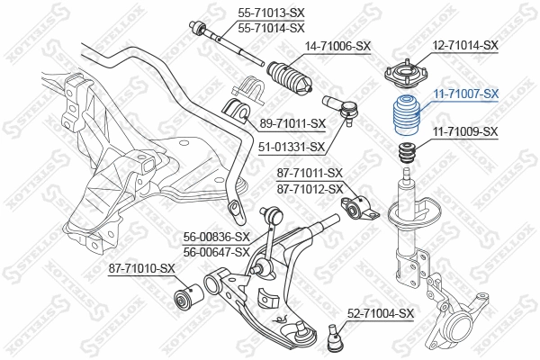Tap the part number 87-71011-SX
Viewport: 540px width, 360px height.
310,173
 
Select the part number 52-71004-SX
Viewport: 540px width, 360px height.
381,313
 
